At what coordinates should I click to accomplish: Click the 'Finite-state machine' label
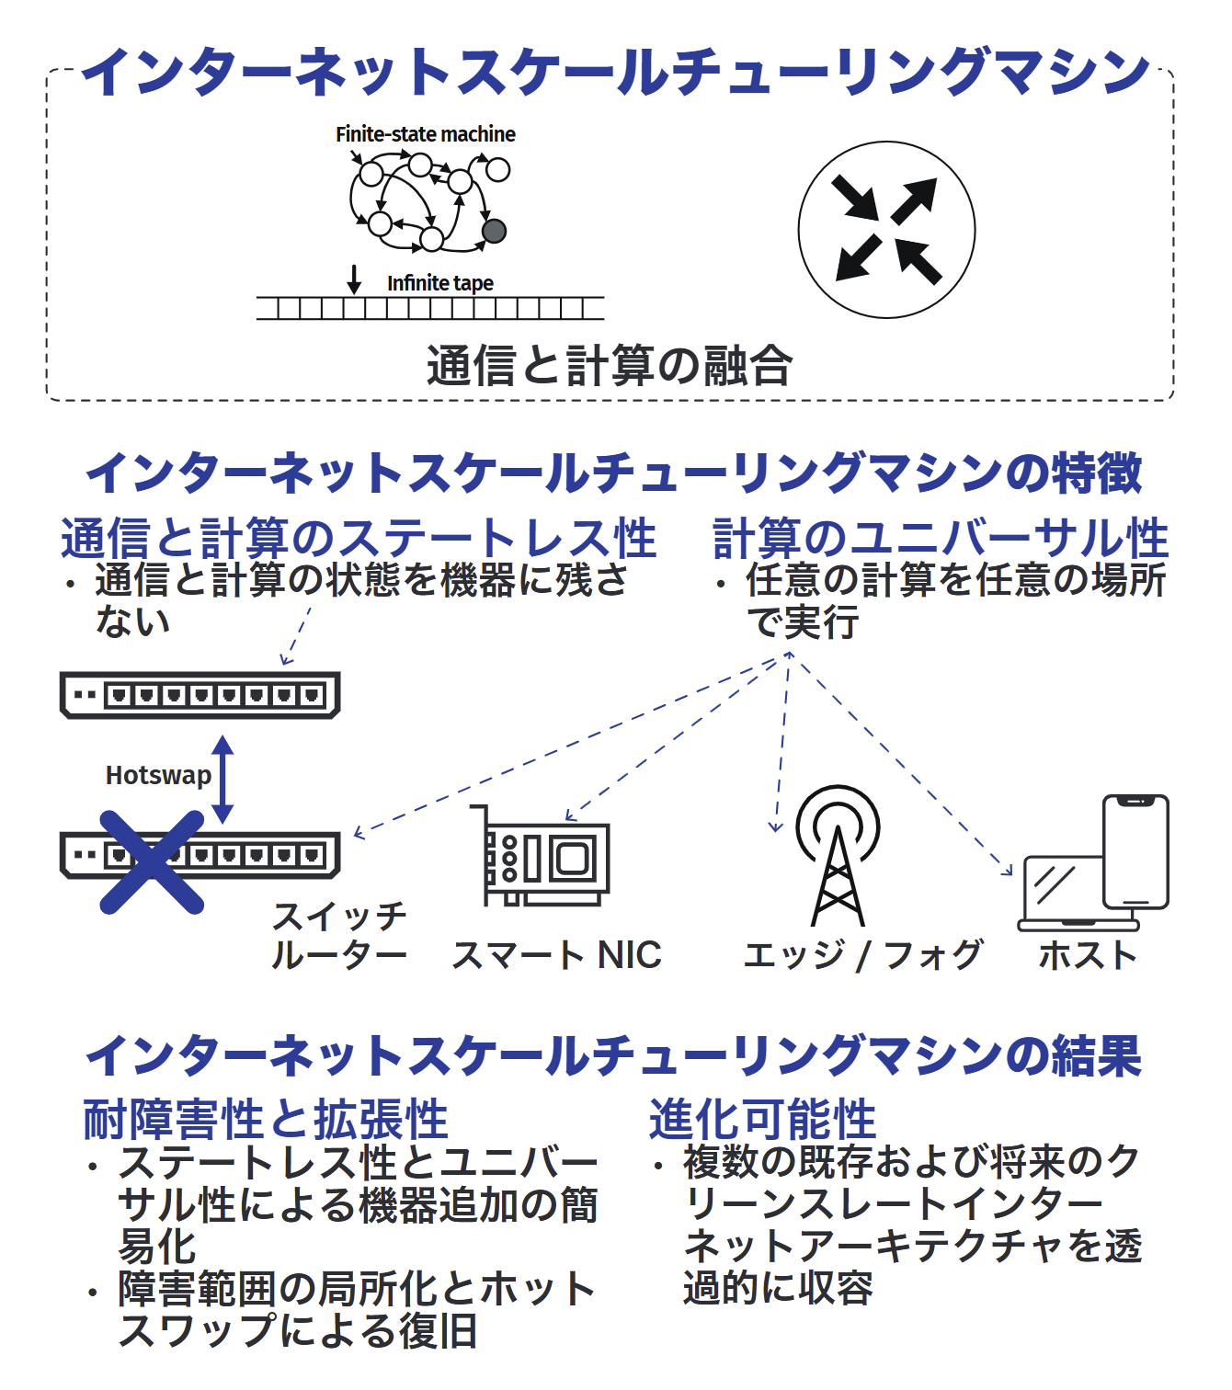425,134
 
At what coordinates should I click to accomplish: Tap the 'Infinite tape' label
440,282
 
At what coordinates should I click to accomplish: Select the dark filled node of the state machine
494,232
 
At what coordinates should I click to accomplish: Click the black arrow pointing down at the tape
353,279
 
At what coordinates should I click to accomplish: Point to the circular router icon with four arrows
886,230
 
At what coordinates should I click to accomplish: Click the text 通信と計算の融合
610,365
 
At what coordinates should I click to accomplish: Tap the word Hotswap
158,776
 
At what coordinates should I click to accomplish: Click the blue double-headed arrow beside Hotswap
222,780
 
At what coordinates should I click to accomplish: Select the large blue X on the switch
152,862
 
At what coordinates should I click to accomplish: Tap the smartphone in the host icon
1135,852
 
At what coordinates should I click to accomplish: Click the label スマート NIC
556,955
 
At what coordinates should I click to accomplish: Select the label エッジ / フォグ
862,955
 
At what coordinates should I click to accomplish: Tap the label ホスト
1088,955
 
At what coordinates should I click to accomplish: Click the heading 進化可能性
762,1119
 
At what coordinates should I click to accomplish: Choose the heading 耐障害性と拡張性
266,1119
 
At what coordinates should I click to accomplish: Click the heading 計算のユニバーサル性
941,539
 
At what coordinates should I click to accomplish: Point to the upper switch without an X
200,695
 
